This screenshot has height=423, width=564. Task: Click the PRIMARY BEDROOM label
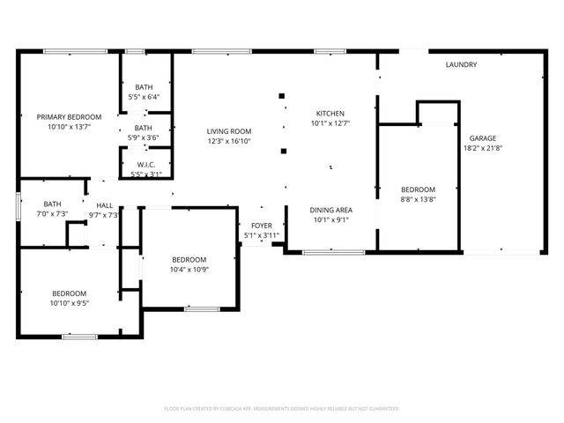pos(69,116)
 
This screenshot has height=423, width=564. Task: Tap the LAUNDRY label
pos(461,64)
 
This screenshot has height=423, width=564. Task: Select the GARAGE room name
pos(482,138)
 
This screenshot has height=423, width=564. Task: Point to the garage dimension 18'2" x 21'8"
pos(482,149)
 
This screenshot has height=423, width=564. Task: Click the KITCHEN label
pos(330,114)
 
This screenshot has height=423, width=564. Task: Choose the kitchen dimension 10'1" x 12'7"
pos(330,124)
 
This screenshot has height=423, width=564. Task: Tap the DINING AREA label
pos(330,210)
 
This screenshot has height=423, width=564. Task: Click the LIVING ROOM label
pos(229,130)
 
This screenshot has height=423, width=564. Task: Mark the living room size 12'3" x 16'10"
pos(229,141)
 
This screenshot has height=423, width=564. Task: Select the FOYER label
pos(261,226)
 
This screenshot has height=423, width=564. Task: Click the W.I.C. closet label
pos(146,165)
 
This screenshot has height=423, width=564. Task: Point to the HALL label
pos(104,205)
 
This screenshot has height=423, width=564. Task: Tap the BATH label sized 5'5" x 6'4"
pos(144,86)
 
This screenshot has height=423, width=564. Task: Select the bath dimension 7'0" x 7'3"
pos(53,214)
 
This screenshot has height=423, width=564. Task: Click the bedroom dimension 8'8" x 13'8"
pos(418,200)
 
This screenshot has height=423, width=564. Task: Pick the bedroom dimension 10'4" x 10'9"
pos(189,270)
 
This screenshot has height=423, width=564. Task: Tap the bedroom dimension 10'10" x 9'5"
pos(69,304)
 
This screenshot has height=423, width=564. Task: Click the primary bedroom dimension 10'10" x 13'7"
pos(69,127)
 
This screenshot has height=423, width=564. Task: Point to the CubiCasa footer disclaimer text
pos(282,409)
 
